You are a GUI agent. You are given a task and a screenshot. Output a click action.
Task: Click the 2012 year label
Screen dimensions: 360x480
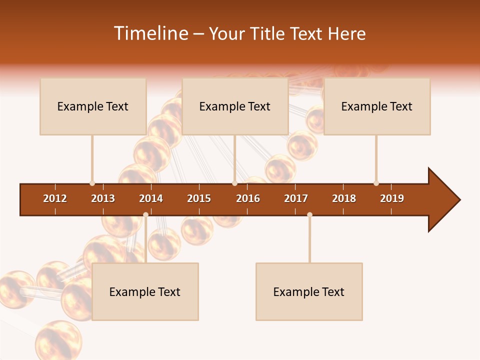point(55,198)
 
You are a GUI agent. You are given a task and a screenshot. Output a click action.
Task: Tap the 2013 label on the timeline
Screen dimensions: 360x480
point(103,198)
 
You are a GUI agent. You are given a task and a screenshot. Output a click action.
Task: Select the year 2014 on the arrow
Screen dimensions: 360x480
point(151,198)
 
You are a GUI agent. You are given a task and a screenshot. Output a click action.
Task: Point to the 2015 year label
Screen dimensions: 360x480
point(199,198)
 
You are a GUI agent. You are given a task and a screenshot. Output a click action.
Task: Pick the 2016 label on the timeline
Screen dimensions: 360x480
point(248,198)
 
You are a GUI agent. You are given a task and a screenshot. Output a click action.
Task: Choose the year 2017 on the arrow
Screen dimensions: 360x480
point(296,198)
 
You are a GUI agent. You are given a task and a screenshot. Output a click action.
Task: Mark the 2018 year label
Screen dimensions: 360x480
point(344,198)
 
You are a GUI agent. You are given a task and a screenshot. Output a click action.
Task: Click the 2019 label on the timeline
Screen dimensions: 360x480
point(392,198)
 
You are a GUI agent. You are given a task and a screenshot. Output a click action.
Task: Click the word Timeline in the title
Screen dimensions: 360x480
point(150,33)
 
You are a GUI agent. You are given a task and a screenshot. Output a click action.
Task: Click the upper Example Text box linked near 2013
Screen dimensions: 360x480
point(93,106)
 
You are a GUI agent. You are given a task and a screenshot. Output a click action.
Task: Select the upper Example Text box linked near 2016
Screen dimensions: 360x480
point(235,106)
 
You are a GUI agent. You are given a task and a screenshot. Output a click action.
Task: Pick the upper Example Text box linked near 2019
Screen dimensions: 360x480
point(377,106)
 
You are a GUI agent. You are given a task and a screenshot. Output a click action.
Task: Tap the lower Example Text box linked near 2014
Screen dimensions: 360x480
point(145,292)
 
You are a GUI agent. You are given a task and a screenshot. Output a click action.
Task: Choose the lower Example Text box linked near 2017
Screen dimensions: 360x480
point(309,292)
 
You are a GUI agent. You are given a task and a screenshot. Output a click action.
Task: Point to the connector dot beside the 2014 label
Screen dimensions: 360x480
point(145,214)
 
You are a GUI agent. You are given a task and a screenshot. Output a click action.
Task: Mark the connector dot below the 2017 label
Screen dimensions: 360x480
point(309,214)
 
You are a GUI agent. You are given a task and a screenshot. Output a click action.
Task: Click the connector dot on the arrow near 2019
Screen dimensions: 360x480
point(376,183)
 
